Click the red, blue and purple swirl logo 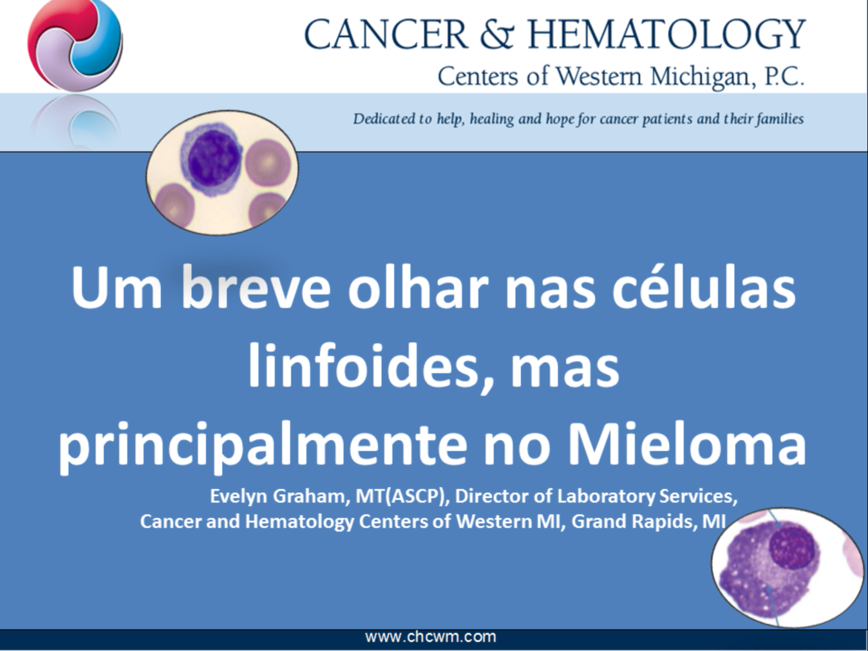point(75,45)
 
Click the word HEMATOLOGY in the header point(667,34)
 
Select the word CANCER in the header point(386,34)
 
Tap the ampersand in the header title point(497,34)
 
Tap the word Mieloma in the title point(686,443)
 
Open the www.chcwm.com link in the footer point(431,636)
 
